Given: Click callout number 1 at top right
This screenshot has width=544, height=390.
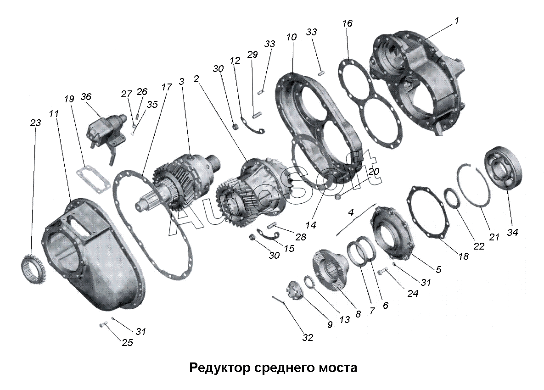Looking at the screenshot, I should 457,21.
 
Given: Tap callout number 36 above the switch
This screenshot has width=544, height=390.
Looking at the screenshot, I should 86,97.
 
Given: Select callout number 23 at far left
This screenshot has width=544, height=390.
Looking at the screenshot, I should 35,123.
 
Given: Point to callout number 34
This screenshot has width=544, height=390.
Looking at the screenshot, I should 512,233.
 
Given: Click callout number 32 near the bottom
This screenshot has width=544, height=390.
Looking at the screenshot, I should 307,338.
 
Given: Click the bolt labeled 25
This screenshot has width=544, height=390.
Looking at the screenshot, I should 102,325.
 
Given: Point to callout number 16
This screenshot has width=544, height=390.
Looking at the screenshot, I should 348,23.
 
